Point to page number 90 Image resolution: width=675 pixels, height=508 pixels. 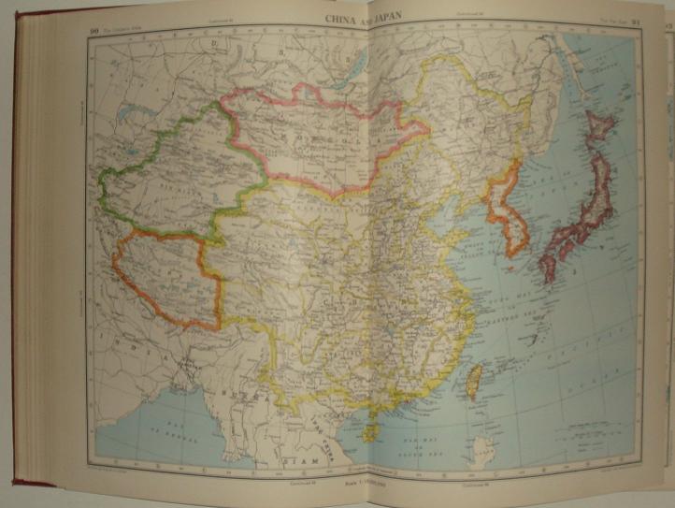pyautogui.click(x=94, y=32)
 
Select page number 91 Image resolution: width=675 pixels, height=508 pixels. pyautogui.click(x=635, y=22)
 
